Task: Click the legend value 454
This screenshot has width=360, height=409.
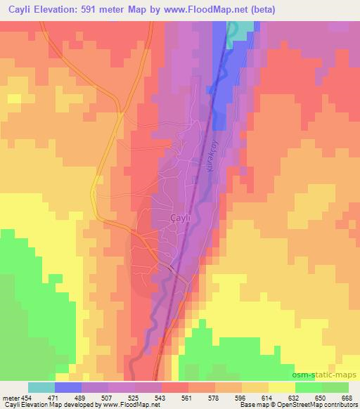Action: click(26, 397)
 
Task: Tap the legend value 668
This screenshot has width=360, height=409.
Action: click(347, 397)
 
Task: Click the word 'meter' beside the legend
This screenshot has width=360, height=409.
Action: click(10, 397)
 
